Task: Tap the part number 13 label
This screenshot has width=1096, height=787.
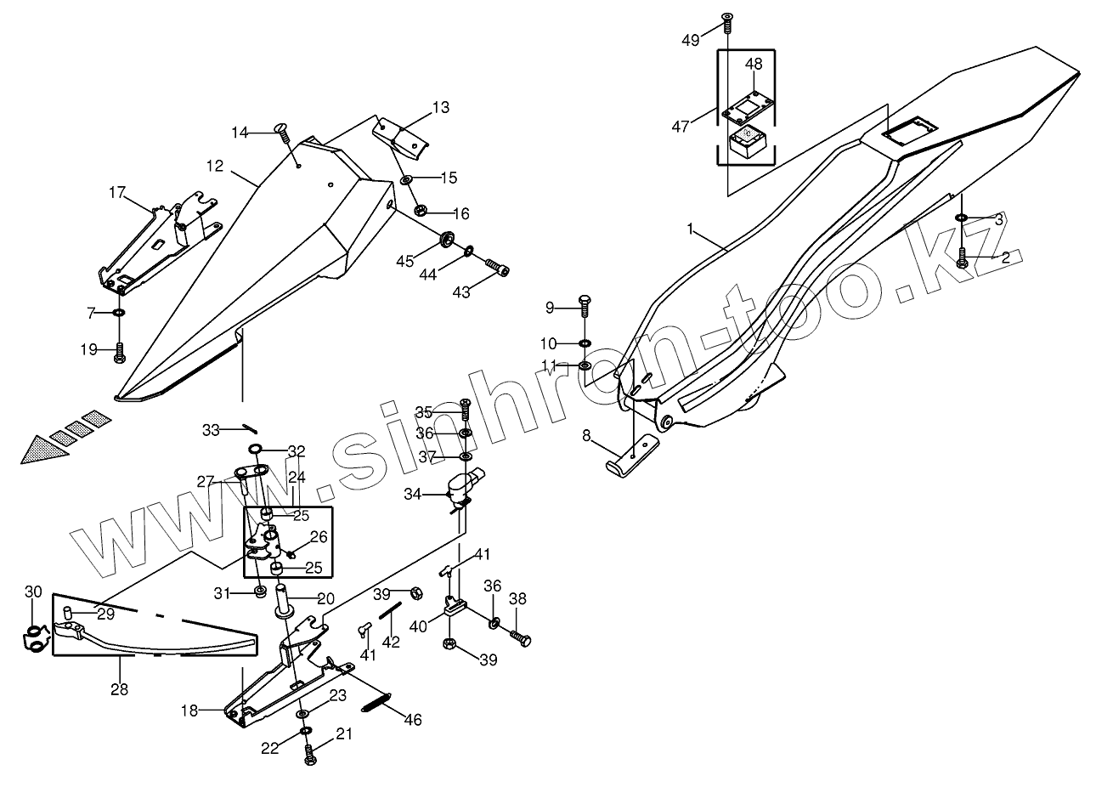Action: point(440,108)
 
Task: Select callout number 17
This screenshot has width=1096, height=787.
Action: point(117,193)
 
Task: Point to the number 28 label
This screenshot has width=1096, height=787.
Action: point(119,689)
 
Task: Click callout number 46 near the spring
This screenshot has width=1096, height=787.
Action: point(413,720)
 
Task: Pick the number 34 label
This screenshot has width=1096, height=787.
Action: point(412,493)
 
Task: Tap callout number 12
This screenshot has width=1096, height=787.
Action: point(214,167)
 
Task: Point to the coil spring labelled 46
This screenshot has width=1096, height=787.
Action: point(374,703)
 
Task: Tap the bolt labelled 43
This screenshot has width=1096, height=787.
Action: point(498,269)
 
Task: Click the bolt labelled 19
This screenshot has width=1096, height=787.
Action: point(120,351)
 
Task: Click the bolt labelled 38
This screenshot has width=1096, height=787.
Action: point(520,636)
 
